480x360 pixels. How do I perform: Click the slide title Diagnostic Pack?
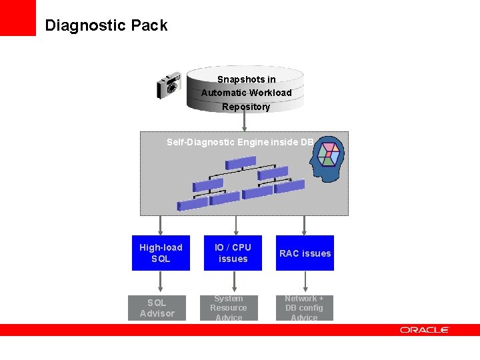(x=106, y=25)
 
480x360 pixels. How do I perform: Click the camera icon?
(x=169, y=85)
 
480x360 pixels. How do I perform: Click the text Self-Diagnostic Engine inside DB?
(x=240, y=142)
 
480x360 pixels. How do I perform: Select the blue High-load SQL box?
(x=161, y=253)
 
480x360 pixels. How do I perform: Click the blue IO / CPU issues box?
(x=233, y=253)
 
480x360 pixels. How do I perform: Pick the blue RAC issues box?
(x=305, y=253)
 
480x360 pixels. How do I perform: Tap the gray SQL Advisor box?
(x=157, y=308)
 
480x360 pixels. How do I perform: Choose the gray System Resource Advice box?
(x=229, y=308)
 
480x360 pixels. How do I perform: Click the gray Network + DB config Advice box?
(x=304, y=308)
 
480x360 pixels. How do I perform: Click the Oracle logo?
(x=425, y=330)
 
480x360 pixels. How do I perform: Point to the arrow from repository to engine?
(x=245, y=121)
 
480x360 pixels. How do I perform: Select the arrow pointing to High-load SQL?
(x=161, y=225)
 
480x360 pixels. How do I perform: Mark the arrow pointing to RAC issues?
(x=305, y=225)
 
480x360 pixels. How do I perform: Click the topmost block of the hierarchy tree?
(x=241, y=162)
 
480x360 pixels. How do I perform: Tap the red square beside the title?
(x=18, y=18)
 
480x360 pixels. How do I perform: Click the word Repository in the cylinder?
(x=246, y=107)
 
